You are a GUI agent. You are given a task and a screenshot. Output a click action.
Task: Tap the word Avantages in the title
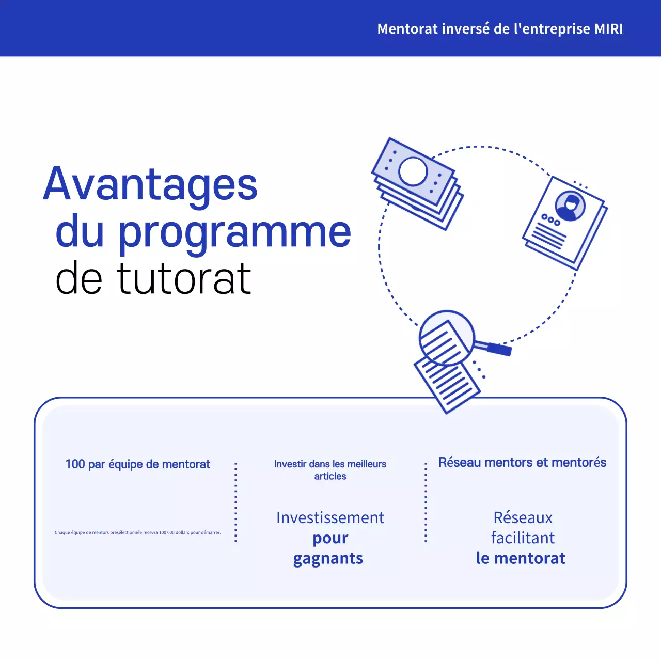point(150,184)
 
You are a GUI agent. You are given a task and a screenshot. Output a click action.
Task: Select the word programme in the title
point(235,232)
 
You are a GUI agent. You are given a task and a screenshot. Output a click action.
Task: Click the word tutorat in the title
point(184,279)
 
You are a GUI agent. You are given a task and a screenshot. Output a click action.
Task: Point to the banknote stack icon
point(417,183)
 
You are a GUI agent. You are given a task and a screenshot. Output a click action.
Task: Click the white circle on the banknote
point(413,171)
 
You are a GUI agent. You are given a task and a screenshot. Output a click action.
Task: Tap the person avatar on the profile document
point(570,205)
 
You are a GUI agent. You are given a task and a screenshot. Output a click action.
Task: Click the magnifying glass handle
point(498,349)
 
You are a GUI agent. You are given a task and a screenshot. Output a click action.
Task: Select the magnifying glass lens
point(446,338)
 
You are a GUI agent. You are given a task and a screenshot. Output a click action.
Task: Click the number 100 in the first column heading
point(75,464)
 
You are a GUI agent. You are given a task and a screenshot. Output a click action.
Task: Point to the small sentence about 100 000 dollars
point(137,532)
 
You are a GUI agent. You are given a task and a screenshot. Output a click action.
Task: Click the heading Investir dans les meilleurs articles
point(330,470)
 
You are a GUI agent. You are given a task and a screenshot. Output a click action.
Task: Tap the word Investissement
point(330,517)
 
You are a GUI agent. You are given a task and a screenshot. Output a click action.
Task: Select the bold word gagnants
point(328,559)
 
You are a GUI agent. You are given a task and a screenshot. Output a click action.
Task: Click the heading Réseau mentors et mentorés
point(522,462)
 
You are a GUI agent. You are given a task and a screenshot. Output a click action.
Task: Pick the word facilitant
point(523,538)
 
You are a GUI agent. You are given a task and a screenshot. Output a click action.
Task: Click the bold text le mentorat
point(521,558)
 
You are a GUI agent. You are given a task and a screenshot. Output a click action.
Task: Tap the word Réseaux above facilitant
point(523,517)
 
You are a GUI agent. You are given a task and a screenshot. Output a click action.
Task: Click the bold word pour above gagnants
point(330,538)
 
